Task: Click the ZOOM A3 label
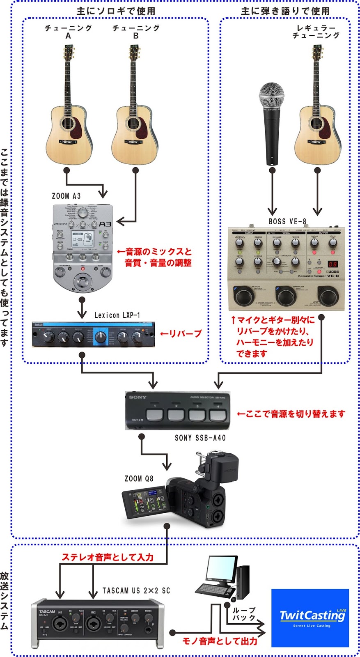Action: (66, 196)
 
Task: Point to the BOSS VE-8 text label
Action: (287, 221)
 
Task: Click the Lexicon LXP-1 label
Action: (117, 315)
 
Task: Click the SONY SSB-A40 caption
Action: (200, 438)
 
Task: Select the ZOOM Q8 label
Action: (138, 479)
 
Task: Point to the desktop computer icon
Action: (224, 577)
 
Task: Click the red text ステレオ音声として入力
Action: (108, 557)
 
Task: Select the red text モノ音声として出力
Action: (220, 641)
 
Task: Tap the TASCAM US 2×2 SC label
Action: (136, 590)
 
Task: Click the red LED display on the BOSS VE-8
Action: (332, 264)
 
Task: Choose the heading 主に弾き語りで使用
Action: (285, 11)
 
